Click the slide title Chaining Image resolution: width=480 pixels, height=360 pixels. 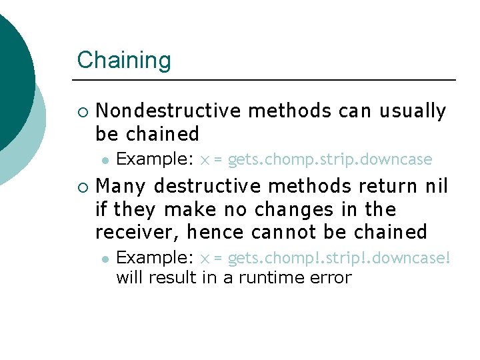tap(124, 60)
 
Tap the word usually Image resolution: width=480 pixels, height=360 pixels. tap(413, 111)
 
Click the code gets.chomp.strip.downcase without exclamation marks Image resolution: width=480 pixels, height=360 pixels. tap(330, 160)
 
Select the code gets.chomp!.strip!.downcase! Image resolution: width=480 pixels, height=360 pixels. tap(339, 258)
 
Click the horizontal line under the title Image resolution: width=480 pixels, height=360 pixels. tap(267, 80)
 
